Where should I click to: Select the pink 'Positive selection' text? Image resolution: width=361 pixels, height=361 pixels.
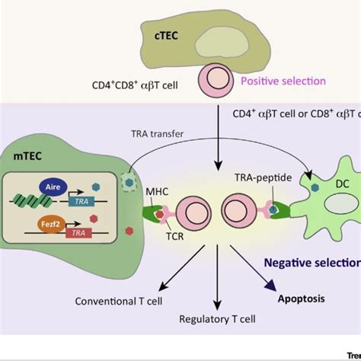[283, 81]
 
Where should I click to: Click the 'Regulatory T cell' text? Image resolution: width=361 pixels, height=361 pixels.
[217, 320]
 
